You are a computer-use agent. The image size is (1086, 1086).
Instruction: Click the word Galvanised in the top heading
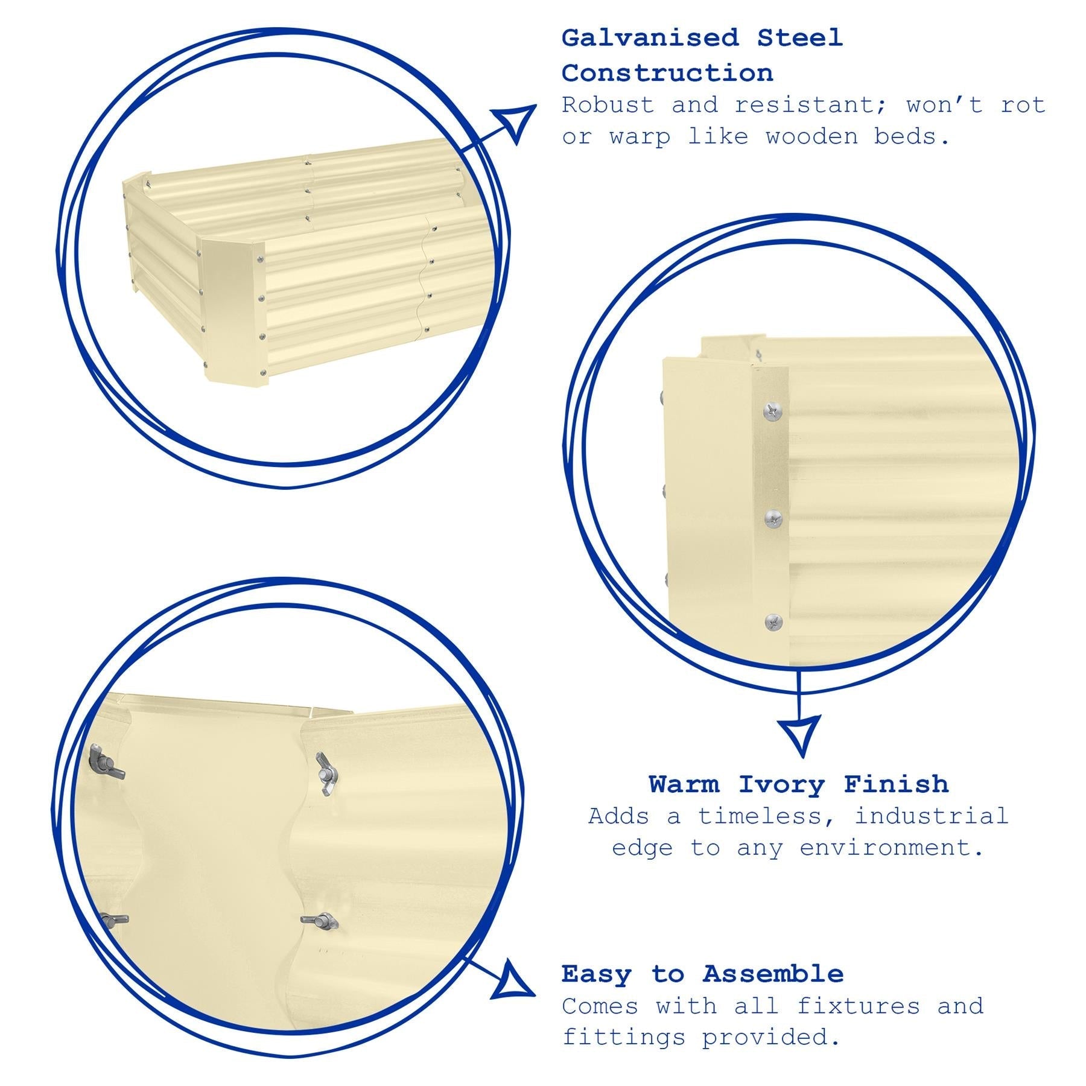[650, 38]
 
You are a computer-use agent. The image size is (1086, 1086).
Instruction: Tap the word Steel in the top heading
[800, 38]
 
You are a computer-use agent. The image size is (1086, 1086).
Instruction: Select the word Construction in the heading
[667, 74]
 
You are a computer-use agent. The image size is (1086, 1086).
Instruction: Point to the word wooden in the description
[811, 136]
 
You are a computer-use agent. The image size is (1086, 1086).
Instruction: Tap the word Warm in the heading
[684, 785]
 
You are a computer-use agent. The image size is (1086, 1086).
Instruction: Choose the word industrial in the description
[931, 816]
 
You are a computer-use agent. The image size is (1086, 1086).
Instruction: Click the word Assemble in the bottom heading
[773, 974]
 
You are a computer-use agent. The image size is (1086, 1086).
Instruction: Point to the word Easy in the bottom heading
[597, 974]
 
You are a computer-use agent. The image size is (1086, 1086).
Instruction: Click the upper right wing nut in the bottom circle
[326, 773]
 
